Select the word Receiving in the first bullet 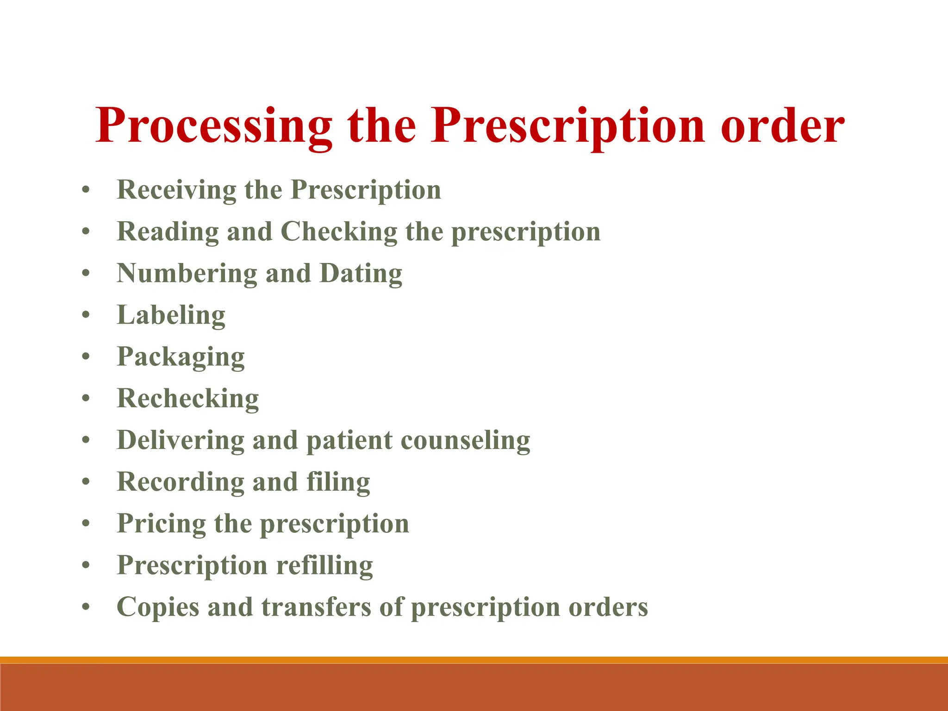coord(176,190)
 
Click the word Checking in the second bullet coord(339,231)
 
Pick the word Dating coord(361,274)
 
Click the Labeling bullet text coord(171,315)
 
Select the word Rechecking coord(187,399)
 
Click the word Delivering coord(181,440)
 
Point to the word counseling coord(465,440)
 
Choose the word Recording coord(181,482)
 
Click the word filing coord(338,482)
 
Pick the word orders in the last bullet coord(608,607)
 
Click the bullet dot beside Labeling coord(86,315)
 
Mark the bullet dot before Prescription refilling coord(86,565)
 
